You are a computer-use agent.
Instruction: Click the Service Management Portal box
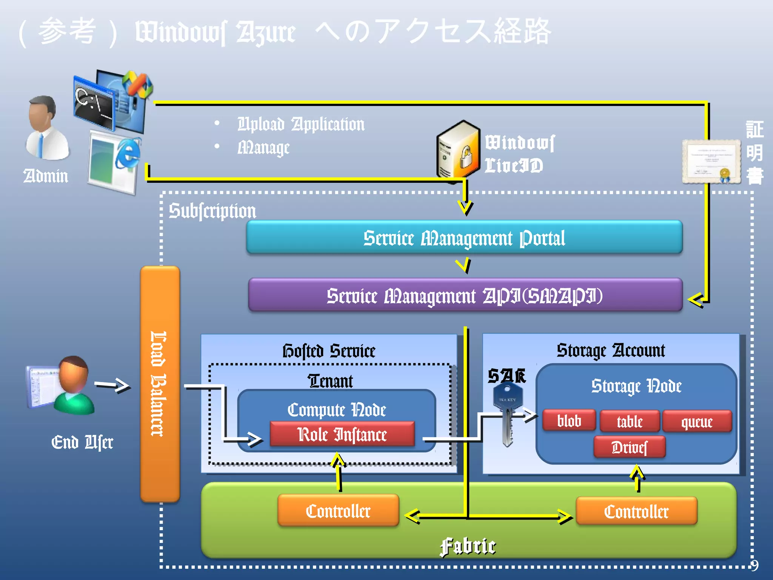click(464, 238)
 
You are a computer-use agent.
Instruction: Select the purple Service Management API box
click(465, 295)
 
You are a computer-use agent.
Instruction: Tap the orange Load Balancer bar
click(160, 384)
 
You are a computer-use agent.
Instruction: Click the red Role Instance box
click(342, 434)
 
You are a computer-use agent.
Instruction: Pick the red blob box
click(569, 421)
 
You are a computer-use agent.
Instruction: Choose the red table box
click(630, 421)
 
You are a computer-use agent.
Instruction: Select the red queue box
click(697, 421)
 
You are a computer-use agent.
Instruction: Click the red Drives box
click(629, 447)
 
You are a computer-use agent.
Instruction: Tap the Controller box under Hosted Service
click(338, 511)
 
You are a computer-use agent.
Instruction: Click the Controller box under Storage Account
click(636, 511)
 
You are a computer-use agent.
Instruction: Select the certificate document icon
click(711, 162)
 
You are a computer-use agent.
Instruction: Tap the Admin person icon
click(46, 128)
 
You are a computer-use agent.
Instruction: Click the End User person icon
click(72, 385)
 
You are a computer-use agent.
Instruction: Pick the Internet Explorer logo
click(128, 153)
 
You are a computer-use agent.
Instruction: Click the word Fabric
click(468, 546)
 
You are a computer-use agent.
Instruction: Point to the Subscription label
click(212, 211)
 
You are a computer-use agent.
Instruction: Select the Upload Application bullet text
click(301, 124)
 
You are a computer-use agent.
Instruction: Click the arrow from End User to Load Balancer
click(112, 386)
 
